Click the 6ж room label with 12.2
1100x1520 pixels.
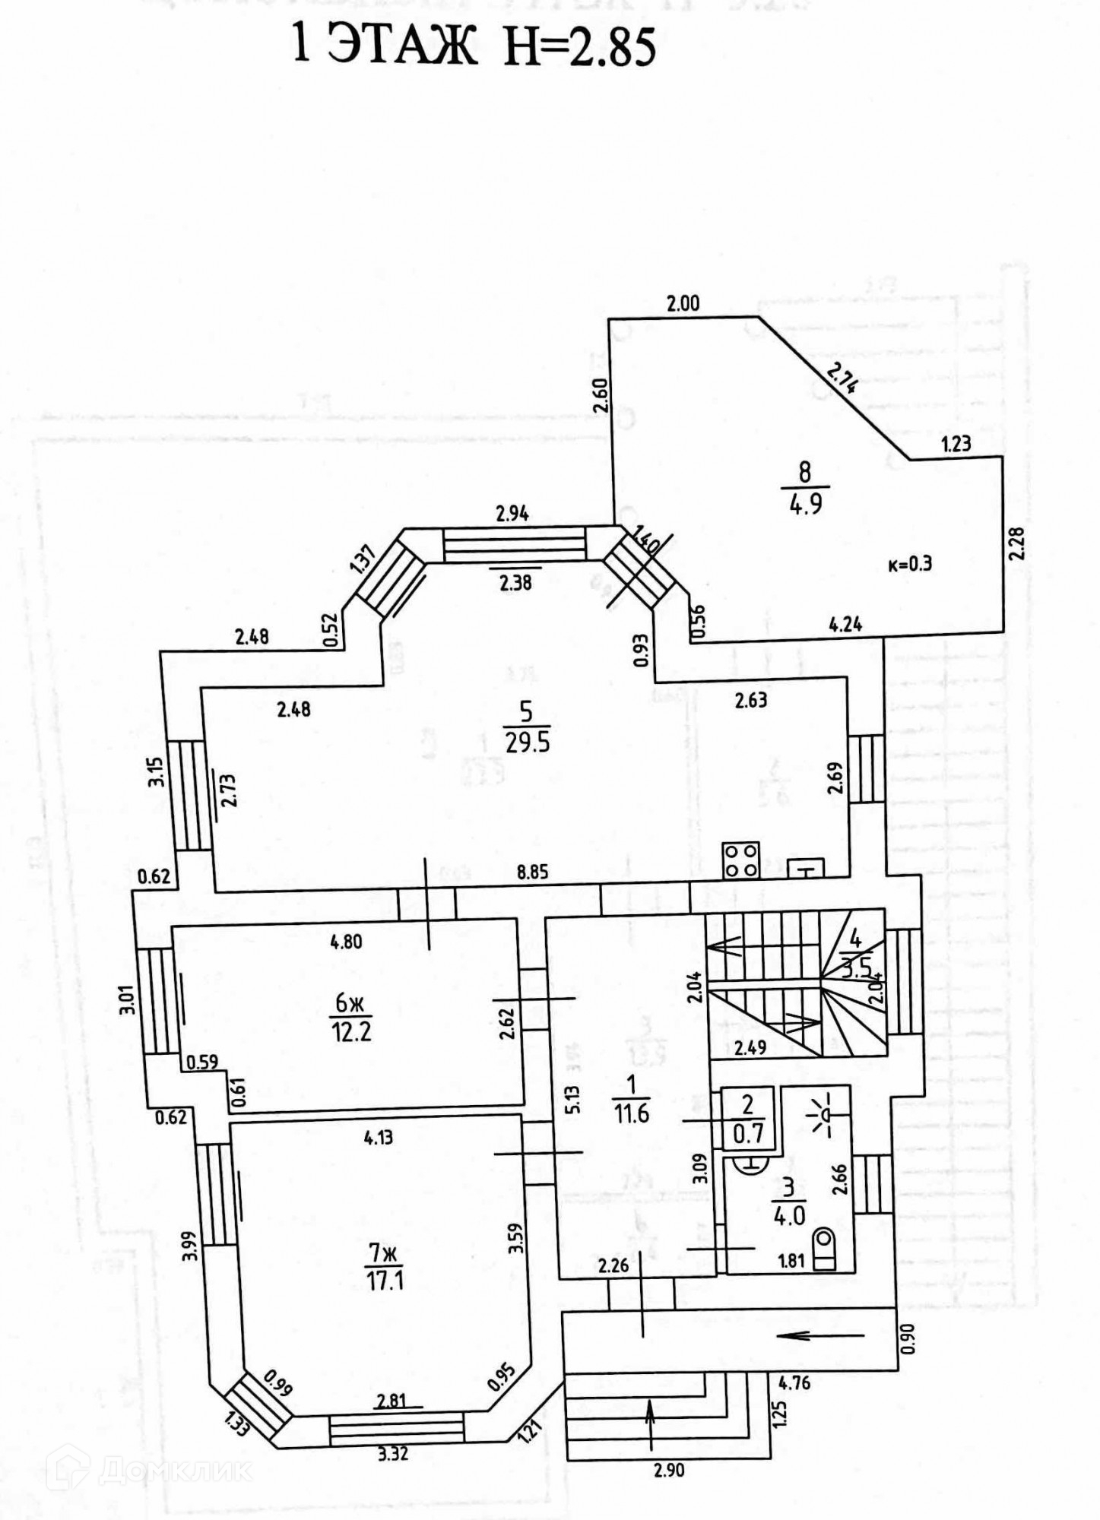pos(351,1018)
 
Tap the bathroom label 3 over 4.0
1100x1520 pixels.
pos(789,1203)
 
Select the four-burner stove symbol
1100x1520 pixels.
pos(741,860)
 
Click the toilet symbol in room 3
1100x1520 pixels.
pos(824,1249)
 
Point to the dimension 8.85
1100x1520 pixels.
pos(532,872)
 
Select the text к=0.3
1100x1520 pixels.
pos(910,564)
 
